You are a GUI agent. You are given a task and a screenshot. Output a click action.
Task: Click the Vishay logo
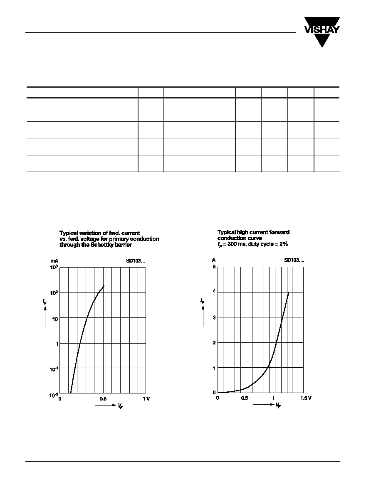pyautogui.click(x=322, y=31)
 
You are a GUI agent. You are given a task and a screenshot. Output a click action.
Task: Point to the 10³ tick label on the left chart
pyautogui.click(x=54, y=267)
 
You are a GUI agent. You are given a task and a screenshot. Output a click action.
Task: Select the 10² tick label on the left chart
pyautogui.click(x=54, y=292)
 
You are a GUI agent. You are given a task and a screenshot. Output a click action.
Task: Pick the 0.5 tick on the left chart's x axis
pyautogui.click(x=103, y=398)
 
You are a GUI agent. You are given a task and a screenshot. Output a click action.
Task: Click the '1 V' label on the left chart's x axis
pyautogui.click(x=146, y=398)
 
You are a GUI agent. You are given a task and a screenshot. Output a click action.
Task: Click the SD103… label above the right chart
pyautogui.click(x=294, y=260)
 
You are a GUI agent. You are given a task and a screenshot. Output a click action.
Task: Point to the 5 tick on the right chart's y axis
pyautogui.click(x=214, y=267)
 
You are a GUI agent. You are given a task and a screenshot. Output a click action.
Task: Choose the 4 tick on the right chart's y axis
pyautogui.click(x=214, y=292)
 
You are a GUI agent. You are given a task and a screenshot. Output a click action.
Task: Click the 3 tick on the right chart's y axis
pyautogui.click(x=214, y=317)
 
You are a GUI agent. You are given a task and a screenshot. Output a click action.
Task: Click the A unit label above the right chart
pyautogui.click(x=214, y=260)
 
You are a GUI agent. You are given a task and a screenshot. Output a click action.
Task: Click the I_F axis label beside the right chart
pyautogui.click(x=203, y=301)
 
